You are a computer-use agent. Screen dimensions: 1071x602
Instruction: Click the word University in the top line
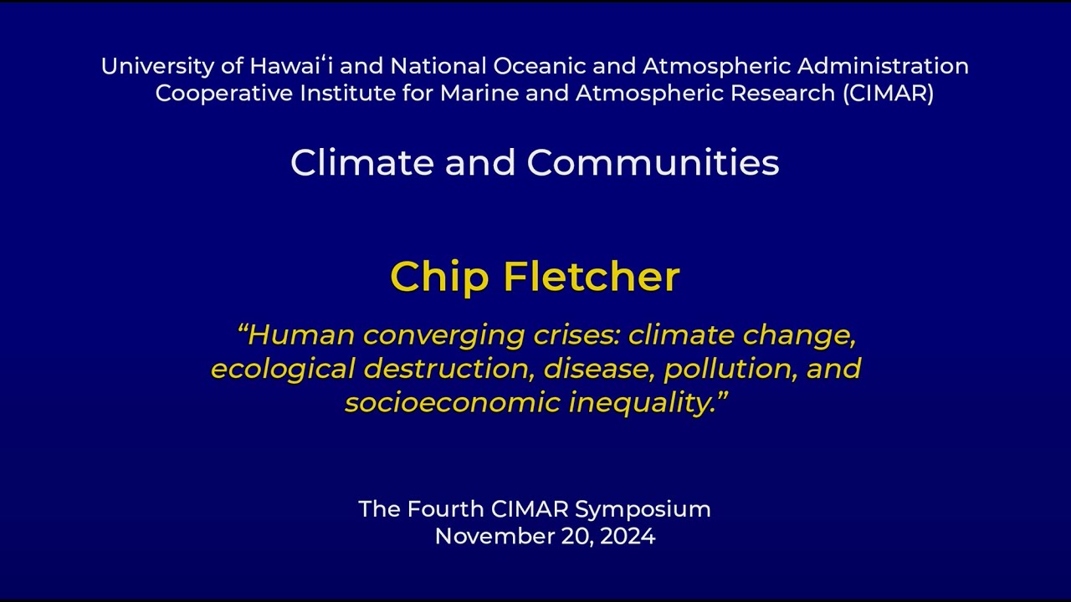[157, 67]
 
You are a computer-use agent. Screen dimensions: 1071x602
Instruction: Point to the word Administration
[883, 66]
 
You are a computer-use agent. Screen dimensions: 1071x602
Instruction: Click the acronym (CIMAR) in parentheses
[888, 94]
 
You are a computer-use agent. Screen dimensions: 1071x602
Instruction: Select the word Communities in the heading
[653, 163]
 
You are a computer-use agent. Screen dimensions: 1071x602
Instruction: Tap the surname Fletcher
[592, 276]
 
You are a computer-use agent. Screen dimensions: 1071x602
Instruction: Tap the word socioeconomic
[453, 402]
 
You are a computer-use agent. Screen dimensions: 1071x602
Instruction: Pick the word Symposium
[643, 510]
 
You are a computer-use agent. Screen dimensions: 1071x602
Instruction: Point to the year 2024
[628, 536]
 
